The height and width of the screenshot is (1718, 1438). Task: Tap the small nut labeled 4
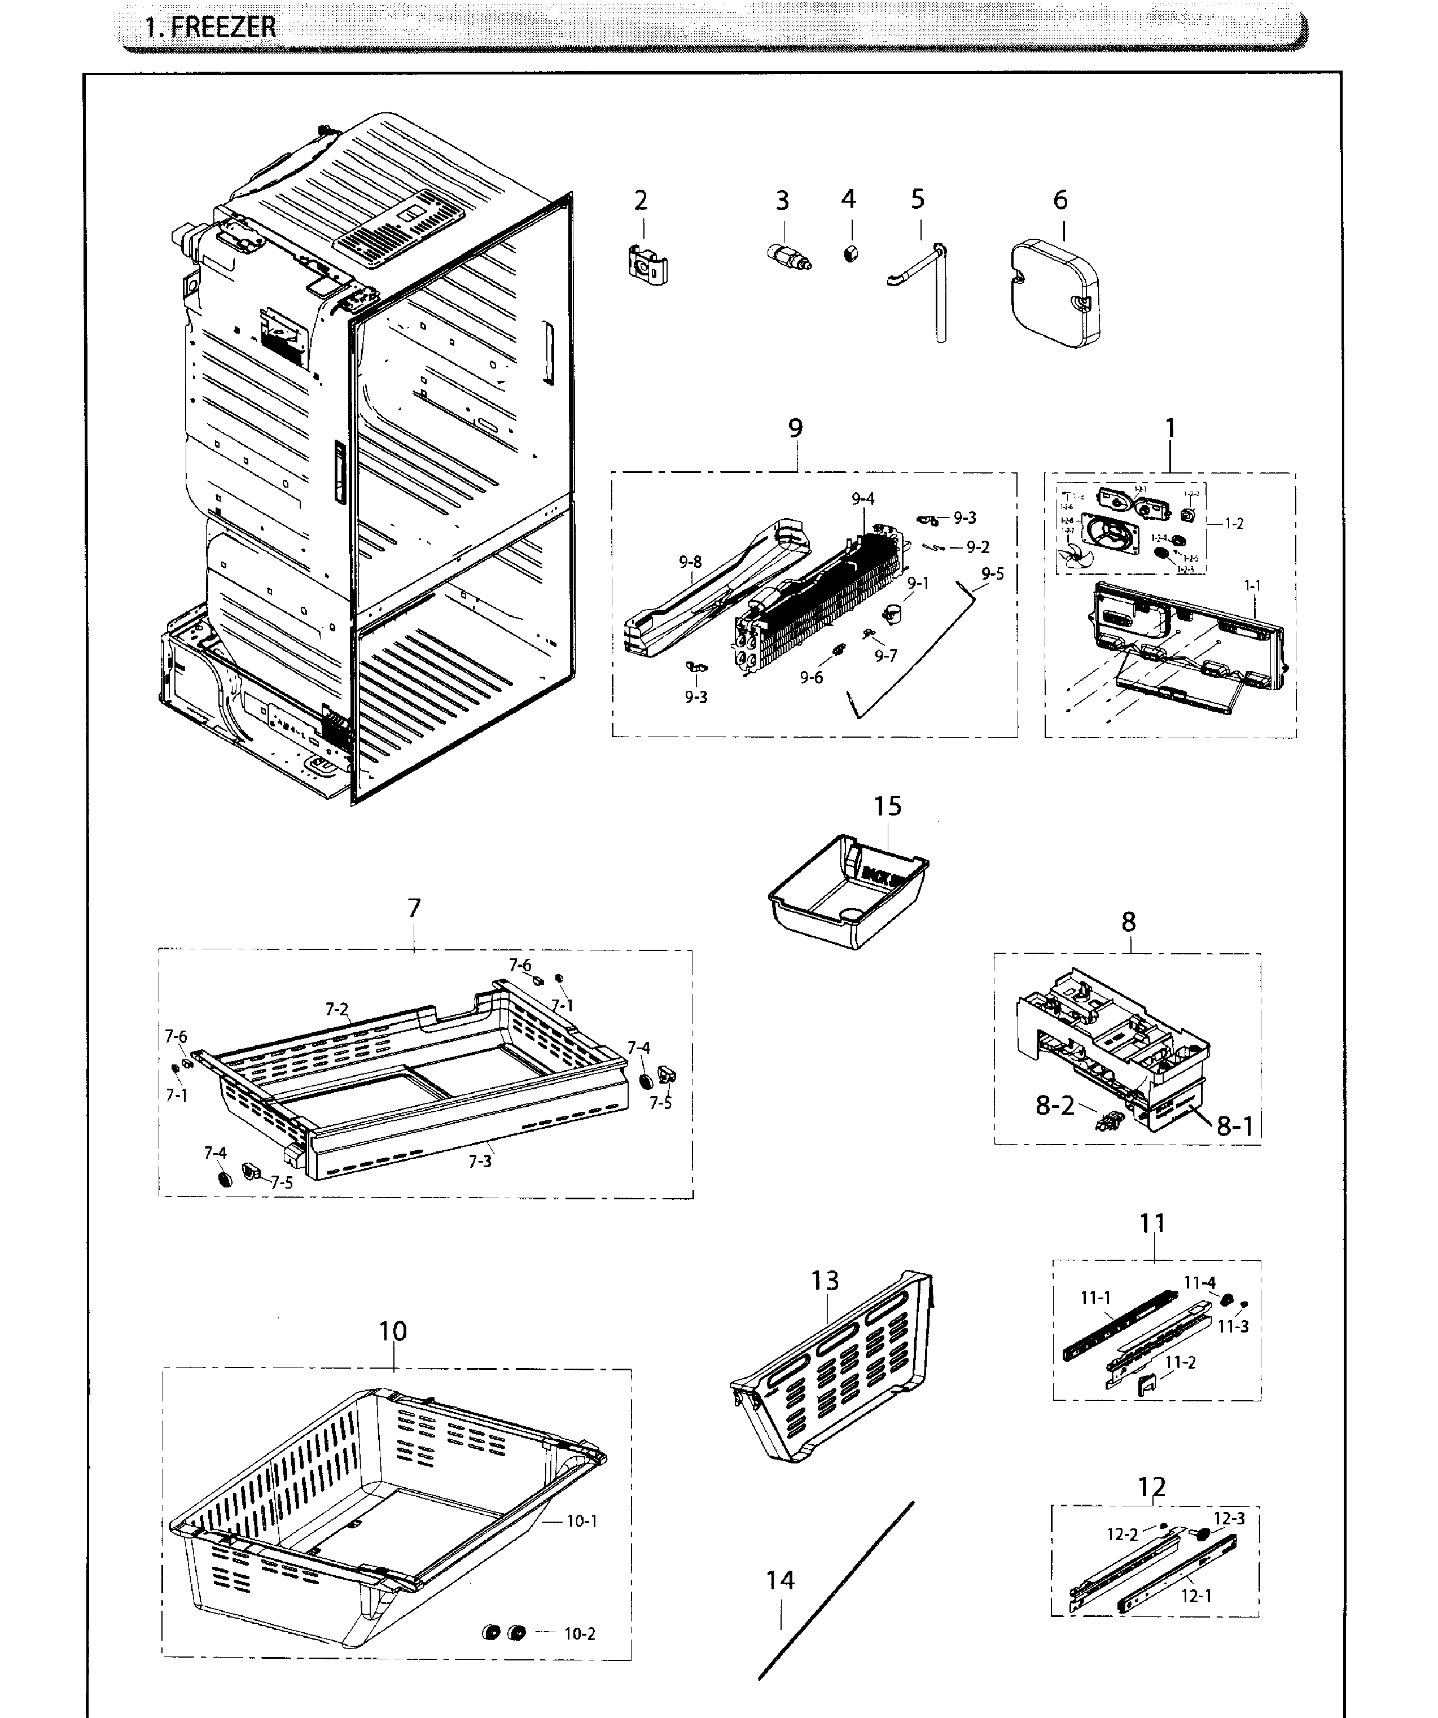850,253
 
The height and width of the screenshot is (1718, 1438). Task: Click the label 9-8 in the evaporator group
690,562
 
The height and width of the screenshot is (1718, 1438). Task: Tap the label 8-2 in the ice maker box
1054,1106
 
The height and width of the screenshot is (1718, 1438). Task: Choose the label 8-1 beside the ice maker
1234,1127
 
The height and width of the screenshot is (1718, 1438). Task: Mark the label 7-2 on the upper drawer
336,1010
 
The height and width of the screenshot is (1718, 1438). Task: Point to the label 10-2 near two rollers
579,1634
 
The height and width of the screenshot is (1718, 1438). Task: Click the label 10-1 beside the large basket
582,1521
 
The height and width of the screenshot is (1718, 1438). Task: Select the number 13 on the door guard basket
825,1281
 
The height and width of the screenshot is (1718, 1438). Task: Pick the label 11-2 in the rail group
1180,1362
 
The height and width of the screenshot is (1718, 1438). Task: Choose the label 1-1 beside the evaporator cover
1252,586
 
